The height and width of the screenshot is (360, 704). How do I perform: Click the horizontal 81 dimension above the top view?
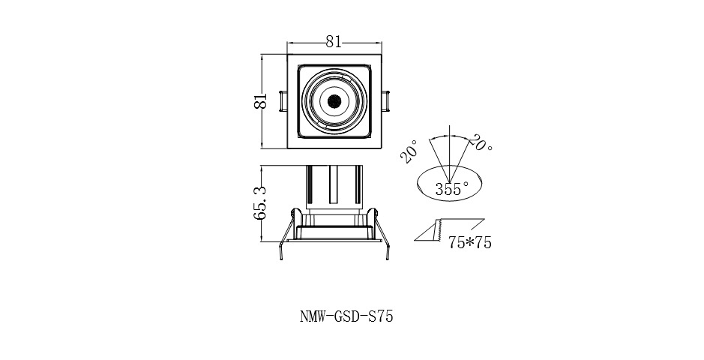[x=334, y=43]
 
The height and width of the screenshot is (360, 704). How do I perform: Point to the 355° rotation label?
[x=451, y=189]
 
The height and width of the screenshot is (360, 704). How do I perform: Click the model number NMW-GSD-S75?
[x=341, y=316]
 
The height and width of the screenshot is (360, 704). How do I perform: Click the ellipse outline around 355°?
[x=417, y=183]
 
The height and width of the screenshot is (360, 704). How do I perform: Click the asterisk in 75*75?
[x=469, y=242]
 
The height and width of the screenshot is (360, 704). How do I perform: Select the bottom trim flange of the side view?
[x=334, y=238]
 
